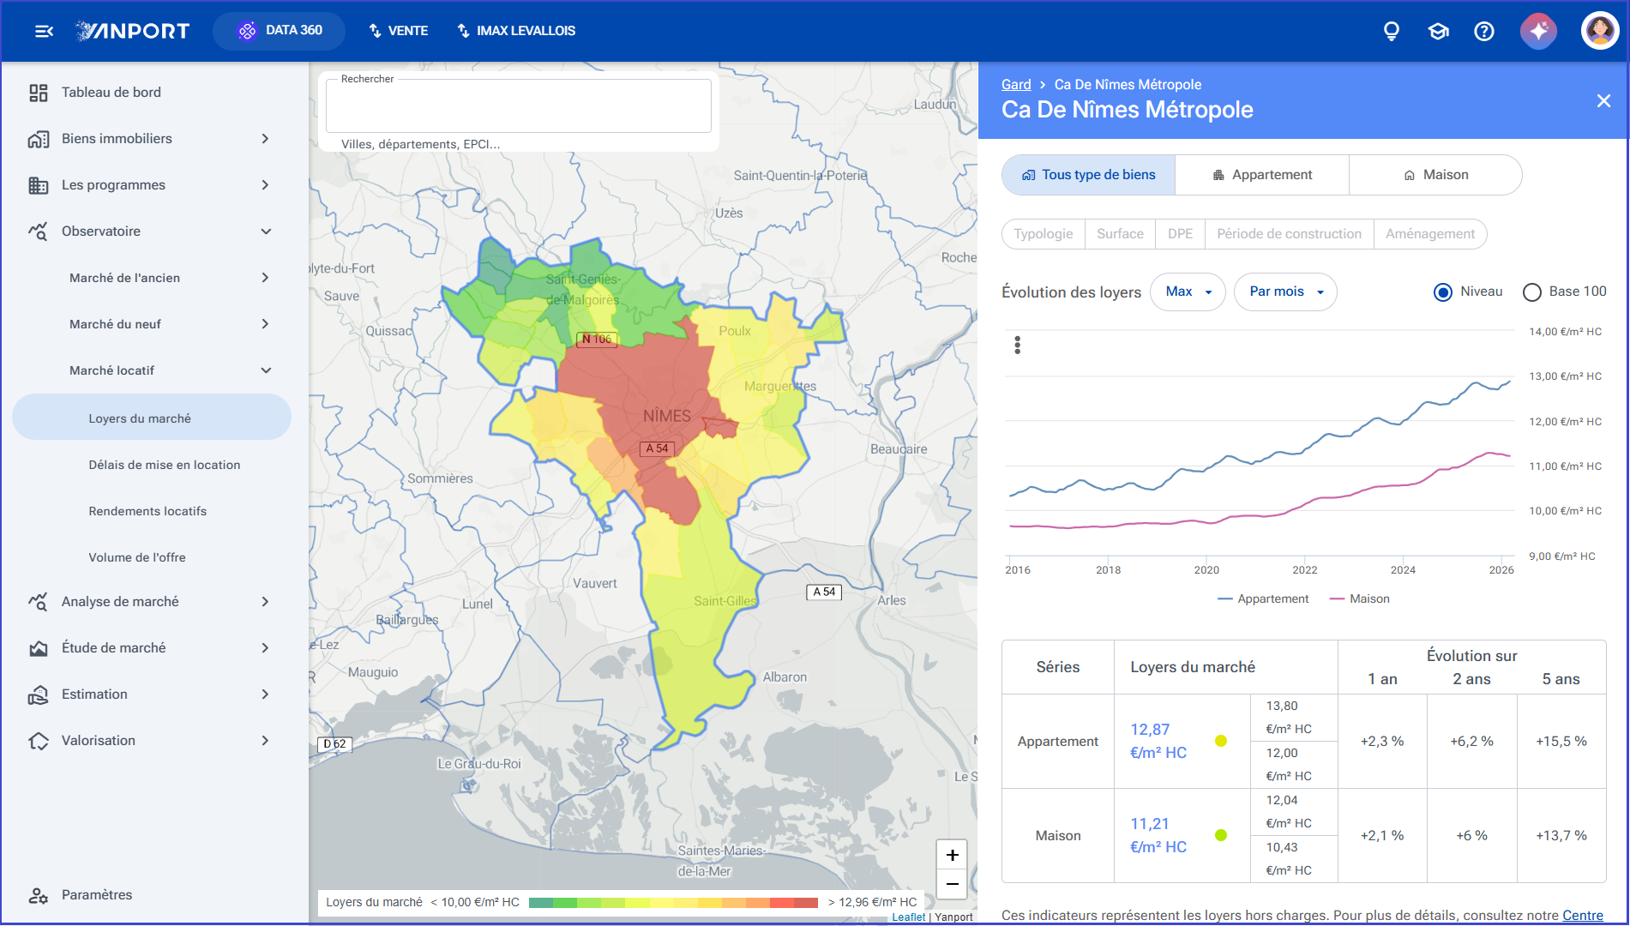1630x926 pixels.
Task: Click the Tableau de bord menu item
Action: coord(111,93)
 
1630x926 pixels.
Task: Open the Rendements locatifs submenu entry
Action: coord(147,511)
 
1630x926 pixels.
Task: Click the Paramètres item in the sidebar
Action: coord(97,895)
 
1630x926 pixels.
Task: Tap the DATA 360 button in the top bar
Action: coord(280,31)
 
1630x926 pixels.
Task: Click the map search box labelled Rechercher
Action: coord(518,106)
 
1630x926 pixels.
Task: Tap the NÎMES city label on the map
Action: coord(667,416)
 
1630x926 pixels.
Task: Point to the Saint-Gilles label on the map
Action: coord(725,601)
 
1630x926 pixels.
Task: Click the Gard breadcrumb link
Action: coord(1016,84)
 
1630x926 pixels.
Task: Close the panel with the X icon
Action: coord(1603,101)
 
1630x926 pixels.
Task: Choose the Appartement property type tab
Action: coord(1262,175)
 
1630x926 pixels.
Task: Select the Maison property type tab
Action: coord(1436,175)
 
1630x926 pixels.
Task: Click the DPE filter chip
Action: coord(1180,234)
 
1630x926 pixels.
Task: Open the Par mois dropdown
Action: coord(1285,292)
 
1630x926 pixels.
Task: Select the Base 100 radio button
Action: coord(1532,292)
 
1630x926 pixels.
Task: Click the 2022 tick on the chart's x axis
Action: coord(1304,569)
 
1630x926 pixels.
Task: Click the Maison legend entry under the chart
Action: coord(1360,598)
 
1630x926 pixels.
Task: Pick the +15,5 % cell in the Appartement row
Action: coord(1561,741)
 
